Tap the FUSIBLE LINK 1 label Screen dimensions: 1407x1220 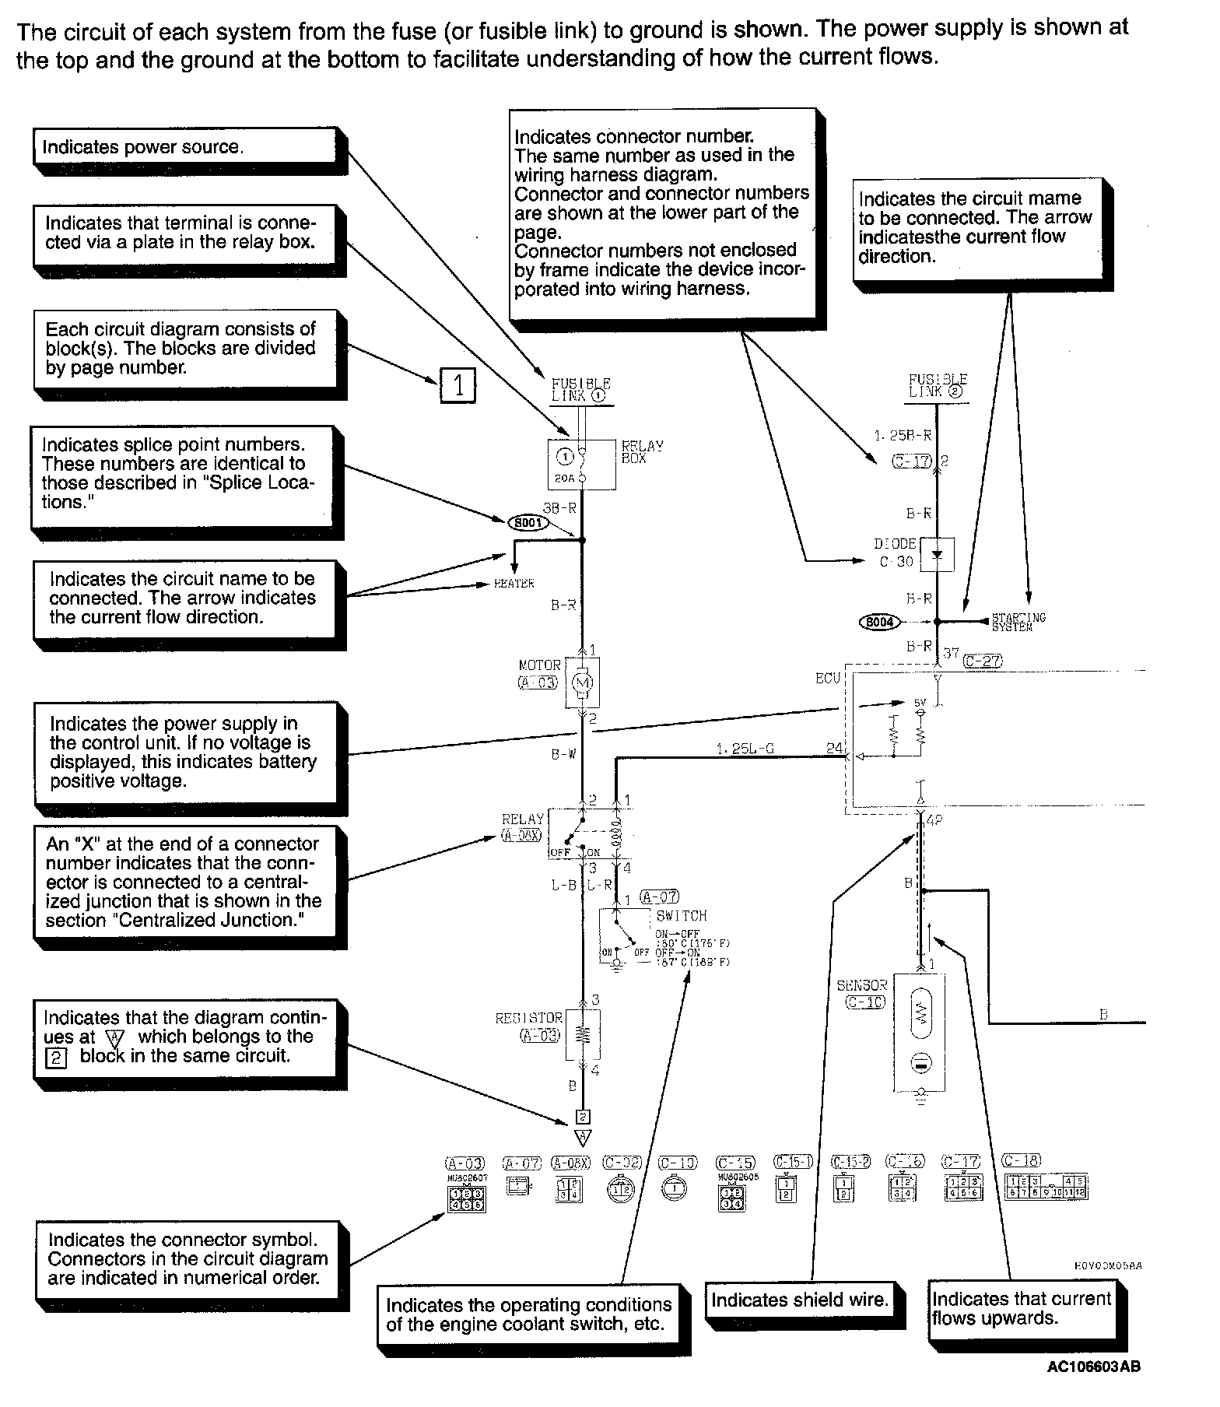click(580, 389)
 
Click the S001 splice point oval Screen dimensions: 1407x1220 click(528, 523)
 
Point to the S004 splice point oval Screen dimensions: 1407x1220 click(879, 622)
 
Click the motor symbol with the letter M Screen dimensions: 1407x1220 click(581, 682)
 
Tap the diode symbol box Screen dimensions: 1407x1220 click(937, 554)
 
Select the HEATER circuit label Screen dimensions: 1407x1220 click(514, 584)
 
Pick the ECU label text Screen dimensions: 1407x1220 click(828, 679)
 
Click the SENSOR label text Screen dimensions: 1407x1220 click(861, 985)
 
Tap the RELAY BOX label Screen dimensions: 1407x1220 click(642, 452)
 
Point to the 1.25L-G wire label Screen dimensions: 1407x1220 click(745, 749)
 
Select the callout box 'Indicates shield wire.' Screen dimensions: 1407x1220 click(798, 1300)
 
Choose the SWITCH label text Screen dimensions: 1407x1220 click(681, 916)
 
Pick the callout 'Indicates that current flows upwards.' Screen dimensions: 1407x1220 click(1021, 1308)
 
